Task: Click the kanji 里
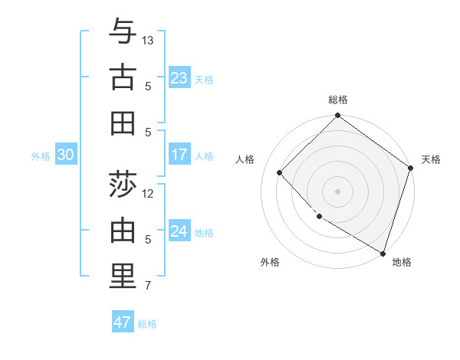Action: tap(123, 277)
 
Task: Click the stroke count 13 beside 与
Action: tap(148, 40)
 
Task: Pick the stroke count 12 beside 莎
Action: tap(148, 193)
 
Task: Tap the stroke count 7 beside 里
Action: tap(148, 286)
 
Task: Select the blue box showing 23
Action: tap(179, 77)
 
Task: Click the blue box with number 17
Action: tap(179, 155)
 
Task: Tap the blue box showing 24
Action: tap(179, 231)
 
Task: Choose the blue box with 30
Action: tap(66, 155)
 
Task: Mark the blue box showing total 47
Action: tap(123, 322)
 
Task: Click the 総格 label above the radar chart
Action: tap(338, 100)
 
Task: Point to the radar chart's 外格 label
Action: tap(270, 262)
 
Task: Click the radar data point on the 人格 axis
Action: tap(280, 172)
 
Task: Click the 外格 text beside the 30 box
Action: tap(41, 155)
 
